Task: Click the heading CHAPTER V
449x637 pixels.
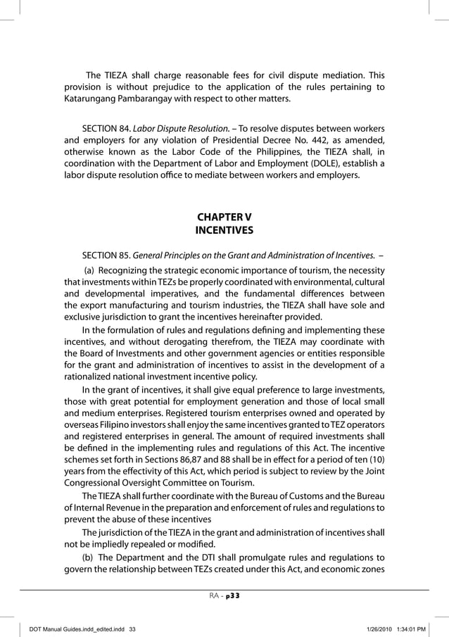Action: (x=224, y=215)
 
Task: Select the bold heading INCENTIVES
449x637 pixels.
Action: (x=224, y=229)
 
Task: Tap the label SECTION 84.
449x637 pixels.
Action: (x=101, y=129)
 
